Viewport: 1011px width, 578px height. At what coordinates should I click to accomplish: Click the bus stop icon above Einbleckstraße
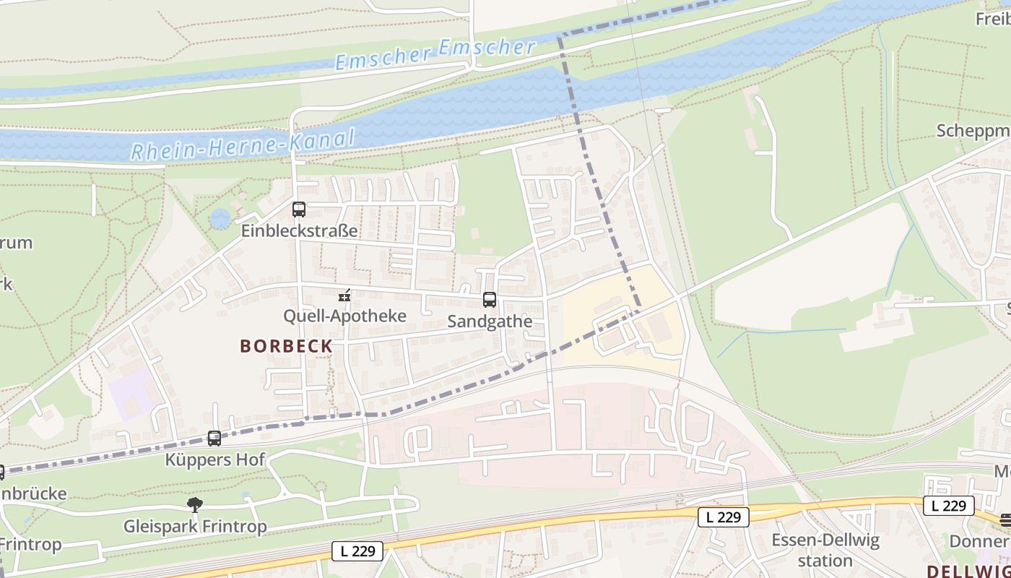(x=299, y=210)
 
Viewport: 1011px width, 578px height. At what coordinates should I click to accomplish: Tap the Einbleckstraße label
(x=300, y=231)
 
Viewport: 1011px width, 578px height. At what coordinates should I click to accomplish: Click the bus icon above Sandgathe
(x=490, y=300)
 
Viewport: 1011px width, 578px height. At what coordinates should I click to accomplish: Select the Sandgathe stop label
(x=490, y=322)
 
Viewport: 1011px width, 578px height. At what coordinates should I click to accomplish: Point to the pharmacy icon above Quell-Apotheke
(x=344, y=295)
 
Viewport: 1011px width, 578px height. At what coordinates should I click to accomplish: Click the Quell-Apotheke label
(x=344, y=316)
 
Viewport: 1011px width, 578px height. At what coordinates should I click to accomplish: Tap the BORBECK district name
(x=286, y=346)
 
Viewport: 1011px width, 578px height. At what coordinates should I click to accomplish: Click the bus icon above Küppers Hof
(x=214, y=439)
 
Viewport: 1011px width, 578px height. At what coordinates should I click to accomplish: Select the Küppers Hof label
(x=215, y=460)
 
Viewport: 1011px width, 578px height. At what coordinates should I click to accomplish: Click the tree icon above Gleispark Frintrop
(x=194, y=504)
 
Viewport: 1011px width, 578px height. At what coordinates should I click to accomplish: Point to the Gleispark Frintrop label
(x=195, y=526)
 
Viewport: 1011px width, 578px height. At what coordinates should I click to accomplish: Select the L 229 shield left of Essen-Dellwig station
(x=724, y=517)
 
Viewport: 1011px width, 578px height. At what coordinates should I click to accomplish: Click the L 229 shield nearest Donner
(x=948, y=506)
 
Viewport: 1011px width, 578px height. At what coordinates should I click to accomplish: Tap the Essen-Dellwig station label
(x=825, y=551)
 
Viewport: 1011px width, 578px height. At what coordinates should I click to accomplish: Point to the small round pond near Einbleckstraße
(x=220, y=217)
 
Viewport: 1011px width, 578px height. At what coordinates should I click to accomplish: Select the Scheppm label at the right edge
(x=973, y=131)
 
